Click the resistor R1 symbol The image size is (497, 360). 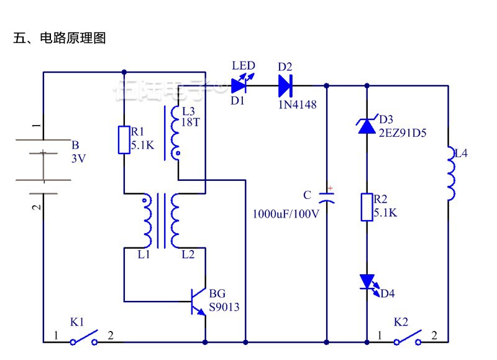click(124, 139)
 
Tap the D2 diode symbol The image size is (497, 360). click(286, 84)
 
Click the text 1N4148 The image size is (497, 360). click(297, 105)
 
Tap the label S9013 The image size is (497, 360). click(224, 307)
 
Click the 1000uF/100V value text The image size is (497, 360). click(286, 214)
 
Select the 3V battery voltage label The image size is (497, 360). click(78, 159)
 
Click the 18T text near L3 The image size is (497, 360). click(191, 122)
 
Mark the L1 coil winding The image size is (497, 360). click(147, 221)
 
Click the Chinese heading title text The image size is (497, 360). click(60, 38)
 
